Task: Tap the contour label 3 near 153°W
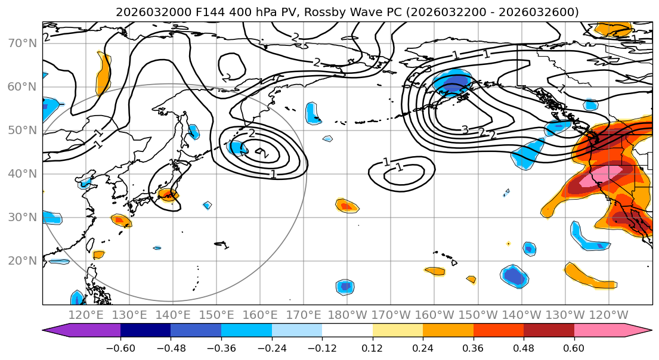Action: point(465,130)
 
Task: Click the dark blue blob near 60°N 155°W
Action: point(451,85)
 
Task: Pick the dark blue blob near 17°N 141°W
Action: point(514,277)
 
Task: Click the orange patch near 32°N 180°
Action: point(347,206)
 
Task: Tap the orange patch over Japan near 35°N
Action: point(169,194)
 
